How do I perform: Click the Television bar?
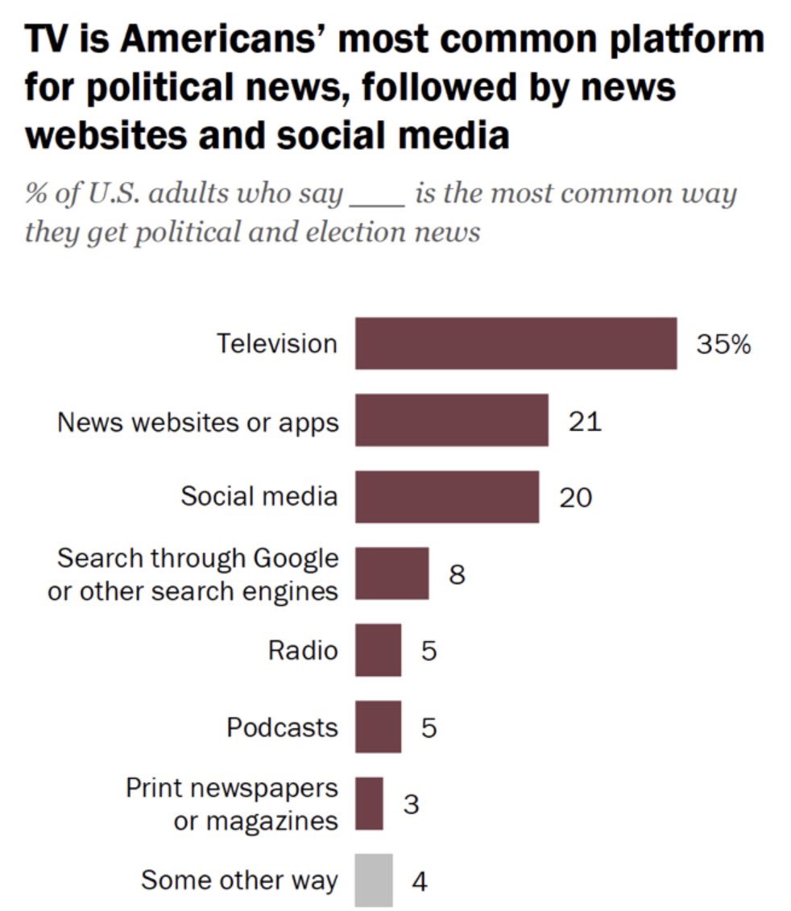[x=516, y=343]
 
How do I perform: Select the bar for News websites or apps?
[x=451, y=420]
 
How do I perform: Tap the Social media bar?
[x=446, y=496]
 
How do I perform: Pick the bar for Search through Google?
[x=391, y=573]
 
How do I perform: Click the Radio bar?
[x=378, y=649]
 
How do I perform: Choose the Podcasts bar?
[x=378, y=727]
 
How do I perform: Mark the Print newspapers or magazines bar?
[x=369, y=803]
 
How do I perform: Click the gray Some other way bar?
[x=374, y=880]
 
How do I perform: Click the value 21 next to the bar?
[x=585, y=420]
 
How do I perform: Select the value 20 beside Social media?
[x=576, y=497]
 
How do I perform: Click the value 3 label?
[x=411, y=804]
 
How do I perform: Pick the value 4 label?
[x=420, y=880]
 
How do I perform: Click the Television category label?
[x=277, y=344]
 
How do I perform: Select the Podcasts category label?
[x=282, y=727]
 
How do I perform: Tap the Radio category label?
[x=303, y=650]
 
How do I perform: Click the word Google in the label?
[x=296, y=557]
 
